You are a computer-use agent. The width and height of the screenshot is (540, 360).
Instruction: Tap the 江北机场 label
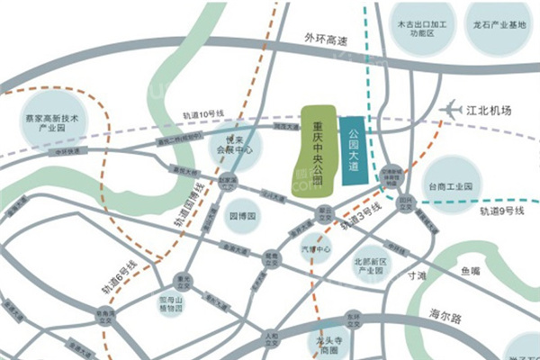pyautogui.click(x=490, y=111)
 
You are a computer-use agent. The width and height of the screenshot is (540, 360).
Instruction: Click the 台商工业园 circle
pyautogui.click(x=449, y=185)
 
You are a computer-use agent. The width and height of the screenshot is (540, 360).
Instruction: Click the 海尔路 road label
pyautogui.click(x=445, y=317)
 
